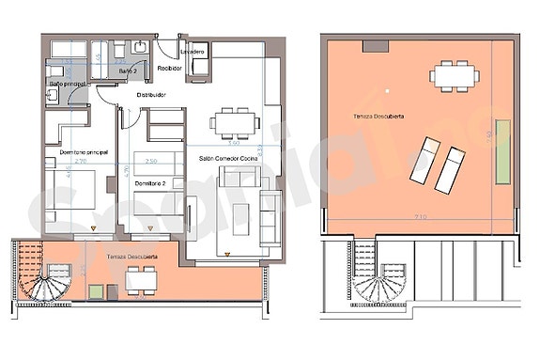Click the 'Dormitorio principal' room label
(x=77, y=151)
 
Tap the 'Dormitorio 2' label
(x=150, y=182)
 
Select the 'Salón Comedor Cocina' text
(x=230, y=160)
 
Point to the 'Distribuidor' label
(x=151, y=95)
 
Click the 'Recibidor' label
(x=169, y=69)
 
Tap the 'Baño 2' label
(x=129, y=71)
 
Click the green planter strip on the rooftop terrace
(x=503, y=150)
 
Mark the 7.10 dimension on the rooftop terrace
(x=418, y=217)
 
